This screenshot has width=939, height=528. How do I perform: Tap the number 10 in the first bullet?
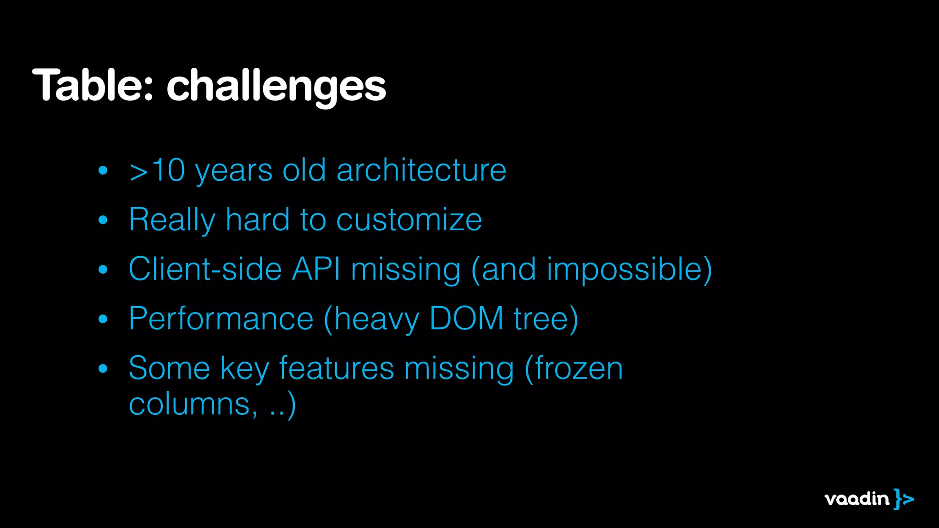point(168,170)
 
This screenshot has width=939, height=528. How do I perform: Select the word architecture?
point(421,170)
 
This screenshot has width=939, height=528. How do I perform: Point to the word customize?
point(409,220)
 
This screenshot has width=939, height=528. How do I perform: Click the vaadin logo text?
point(856,499)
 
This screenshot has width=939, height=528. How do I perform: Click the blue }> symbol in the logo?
point(903,499)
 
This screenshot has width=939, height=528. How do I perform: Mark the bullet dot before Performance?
point(103,319)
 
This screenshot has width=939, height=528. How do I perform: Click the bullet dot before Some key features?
point(103,368)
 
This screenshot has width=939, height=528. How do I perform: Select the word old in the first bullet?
point(304,170)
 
